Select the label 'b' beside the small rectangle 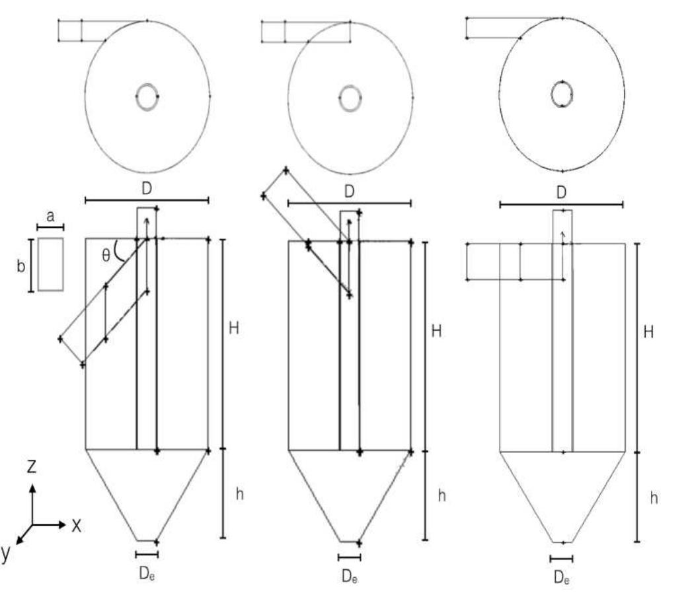click(x=20, y=266)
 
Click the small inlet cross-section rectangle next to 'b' click(x=51, y=264)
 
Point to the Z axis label click(x=31, y=468)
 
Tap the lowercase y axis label click(x=6, y=553)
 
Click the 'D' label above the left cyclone click(x=147, y=188)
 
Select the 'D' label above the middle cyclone click(x=350, y=192)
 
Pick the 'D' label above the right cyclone click(x=561, y=194)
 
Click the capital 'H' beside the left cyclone click(x=233, y=328)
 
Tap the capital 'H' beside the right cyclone click(x=648, y=332)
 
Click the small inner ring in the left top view click(x=147, y=96)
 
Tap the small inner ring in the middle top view click(x=350, y=97)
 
